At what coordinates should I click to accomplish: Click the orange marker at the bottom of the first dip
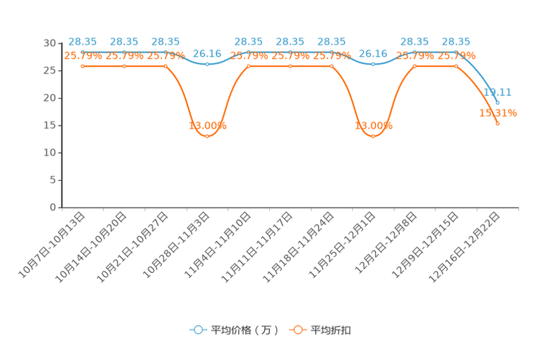pyautogui.click(x=208, y=135)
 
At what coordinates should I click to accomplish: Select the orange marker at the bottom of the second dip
pyautogui.click(x=373, y=135)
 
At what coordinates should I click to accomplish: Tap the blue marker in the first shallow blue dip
pyautogui.click(x=208, y=64)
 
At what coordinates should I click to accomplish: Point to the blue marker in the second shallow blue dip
pyautogui.click(x=373, y=64)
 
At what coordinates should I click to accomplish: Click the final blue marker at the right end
pyautogui.click(x=497, y=102)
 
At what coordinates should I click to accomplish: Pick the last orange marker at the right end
pyautogui.click(x=497, y=123)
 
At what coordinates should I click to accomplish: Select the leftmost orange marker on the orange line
pyautogui.click(x=83, y=66)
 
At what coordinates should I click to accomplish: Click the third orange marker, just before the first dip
pyautogui.click(x=166, y=66)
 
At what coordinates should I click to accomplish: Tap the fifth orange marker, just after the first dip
pyautogui.click(x=249, y=66)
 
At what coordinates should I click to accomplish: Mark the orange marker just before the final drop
pyautogui.click(x=456, y=66)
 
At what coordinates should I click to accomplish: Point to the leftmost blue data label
pyautogui.click(x=82, y=41)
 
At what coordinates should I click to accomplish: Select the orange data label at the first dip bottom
pyautogui.click(x=208, y=126)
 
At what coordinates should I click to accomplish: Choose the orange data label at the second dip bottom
pyautogui.click(x=373, y=126)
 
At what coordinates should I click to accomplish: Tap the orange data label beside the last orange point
pyautogui.click(x=498, y=112)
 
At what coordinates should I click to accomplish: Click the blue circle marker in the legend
pyautogui.click(x=197, y=330)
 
